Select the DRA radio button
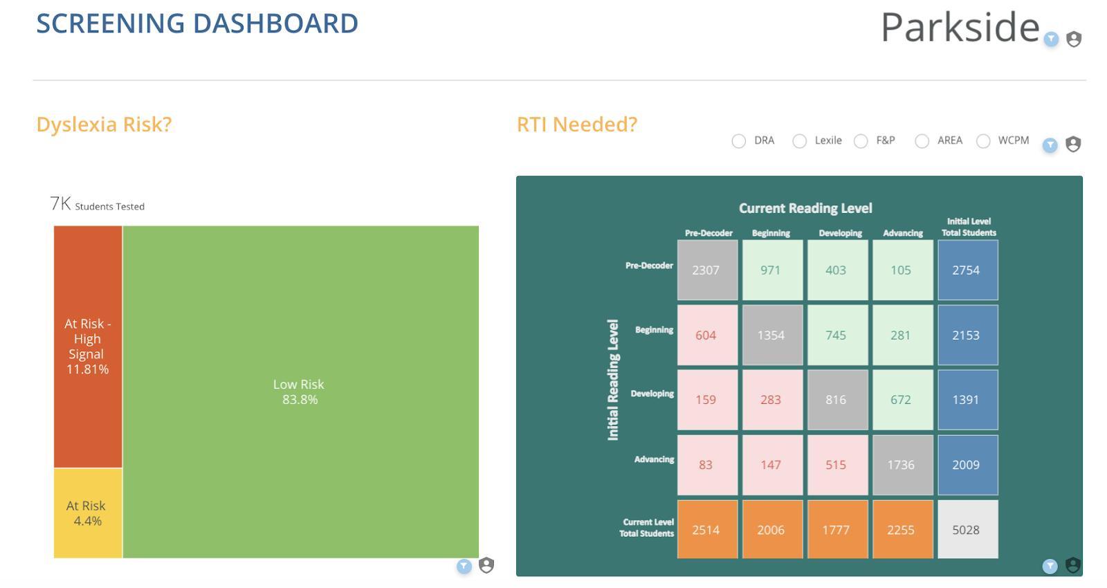pos(739,141)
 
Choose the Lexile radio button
pos(800,141)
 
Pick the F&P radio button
pos(861,141)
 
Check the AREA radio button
pos(922,141)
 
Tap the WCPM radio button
pos(983,141)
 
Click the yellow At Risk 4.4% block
pos(88,513)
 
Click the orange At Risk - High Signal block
pos(88,347)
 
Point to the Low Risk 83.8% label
pos(299,392)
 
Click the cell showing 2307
pos(707,270)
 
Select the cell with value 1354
pos(772,335)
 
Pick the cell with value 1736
pos(903,465)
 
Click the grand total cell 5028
pos(968,530)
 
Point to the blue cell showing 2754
pos(968,270)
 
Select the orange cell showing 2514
pos(707,530)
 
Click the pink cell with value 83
pos(707,465)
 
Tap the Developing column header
pos(840,233)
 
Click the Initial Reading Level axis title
pos(613,380)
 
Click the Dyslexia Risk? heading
pos(104,125)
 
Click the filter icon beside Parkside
pos(1051,39)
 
